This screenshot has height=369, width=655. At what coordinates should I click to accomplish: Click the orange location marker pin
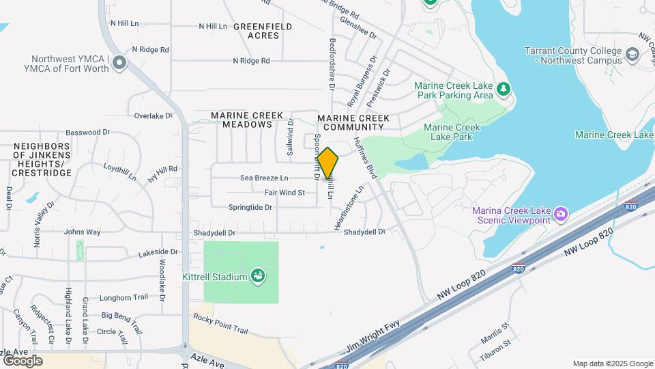click(327, 163)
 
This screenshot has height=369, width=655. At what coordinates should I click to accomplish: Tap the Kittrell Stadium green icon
click(258, 276)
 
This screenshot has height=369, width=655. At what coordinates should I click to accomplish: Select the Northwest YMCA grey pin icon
click(120, 64)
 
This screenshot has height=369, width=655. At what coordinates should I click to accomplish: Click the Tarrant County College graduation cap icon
click(632, 54)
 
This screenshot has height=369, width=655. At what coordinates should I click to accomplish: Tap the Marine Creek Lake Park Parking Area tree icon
click(504, 89)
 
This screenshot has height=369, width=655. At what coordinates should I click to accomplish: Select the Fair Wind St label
click(285, 193)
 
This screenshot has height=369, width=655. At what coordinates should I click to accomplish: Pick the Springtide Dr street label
click(250, 207)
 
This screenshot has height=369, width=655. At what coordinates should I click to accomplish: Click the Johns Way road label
click(82, 232)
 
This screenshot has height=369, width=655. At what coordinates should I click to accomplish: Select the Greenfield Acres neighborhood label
click(263, 31)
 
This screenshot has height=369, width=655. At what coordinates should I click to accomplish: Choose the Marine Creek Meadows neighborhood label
click(242, 120)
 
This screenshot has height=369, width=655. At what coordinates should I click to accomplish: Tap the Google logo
click(23, 360)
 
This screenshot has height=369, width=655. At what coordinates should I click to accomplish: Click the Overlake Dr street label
click(153, 115)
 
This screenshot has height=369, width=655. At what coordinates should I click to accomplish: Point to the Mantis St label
click(495, 331)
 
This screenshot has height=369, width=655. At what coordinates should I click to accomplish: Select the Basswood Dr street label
click(87, 132)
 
